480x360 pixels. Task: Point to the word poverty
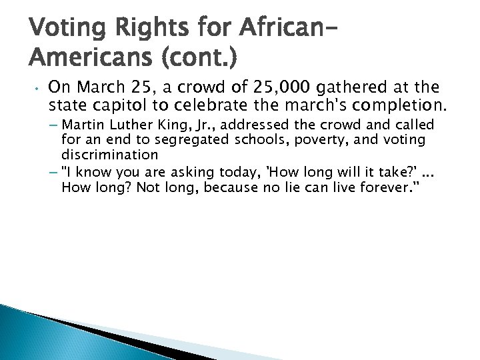pyautogui.click(x=309, y=140)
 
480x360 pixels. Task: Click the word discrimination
pyautogui.click(x=109, y=155)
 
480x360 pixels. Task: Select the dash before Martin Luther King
pyautogui.click(x=54, y=125)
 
